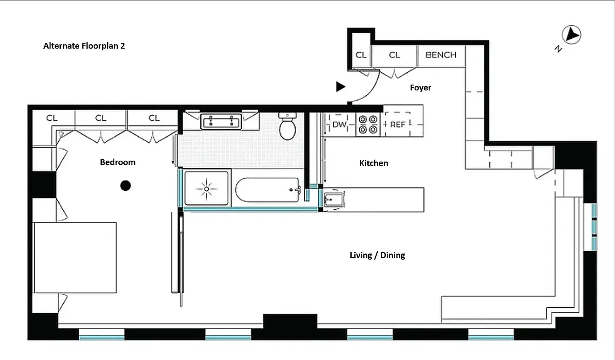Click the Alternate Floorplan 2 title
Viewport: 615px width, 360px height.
84,46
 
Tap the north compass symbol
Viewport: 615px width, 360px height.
571,35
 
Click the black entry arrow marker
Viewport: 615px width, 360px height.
341,87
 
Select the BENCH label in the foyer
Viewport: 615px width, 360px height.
441,55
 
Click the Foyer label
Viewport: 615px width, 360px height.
420,88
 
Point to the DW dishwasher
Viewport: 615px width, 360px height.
339,125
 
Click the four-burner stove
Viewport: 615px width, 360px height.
368,125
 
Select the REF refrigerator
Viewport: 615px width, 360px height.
398,125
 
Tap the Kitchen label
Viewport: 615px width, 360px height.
373,163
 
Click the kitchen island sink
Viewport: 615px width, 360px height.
333,199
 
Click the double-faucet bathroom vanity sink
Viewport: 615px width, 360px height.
221,121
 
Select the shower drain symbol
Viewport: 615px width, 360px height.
206,188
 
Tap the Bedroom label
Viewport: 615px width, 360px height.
118,162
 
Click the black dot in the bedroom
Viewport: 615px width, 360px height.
126,185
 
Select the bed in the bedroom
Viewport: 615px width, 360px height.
75,257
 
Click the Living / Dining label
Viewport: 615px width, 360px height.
377,255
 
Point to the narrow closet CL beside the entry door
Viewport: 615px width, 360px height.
361,55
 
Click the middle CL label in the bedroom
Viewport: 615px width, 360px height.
101,118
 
